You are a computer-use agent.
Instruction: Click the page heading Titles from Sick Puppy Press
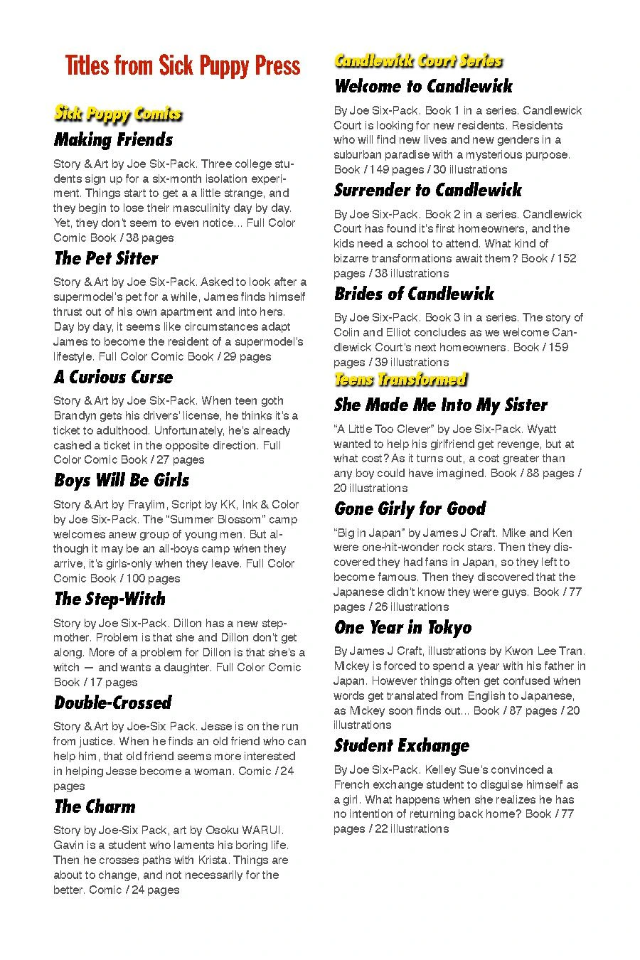click(x=183, y=65)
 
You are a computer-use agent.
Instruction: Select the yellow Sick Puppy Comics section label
click(x=118, y=114)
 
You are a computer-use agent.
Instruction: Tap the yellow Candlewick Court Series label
click(x=418, y=61)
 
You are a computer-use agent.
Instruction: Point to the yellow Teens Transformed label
click(x=400, y=379)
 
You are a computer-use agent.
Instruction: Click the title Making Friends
click(x=114, y=139)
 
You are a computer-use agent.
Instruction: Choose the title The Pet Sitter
click(x=106, y=258)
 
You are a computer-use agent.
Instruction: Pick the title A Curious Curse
click(x=113, y=377)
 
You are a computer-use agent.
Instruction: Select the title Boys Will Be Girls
click(x=122, y=481)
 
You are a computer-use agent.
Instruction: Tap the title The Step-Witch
click(x=110, y=599)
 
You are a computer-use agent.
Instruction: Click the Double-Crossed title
click(x=113, y=703)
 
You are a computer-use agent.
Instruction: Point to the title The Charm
click(x=95, y=806)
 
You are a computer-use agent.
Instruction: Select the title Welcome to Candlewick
click(x=423, y=87)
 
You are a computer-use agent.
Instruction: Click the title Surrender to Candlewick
click(x=428, y=191)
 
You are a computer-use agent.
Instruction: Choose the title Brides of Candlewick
click(x=414, y=294)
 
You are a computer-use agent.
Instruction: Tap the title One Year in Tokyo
click(x=402, y=627)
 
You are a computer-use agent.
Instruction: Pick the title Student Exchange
click(x=402, y=745)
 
